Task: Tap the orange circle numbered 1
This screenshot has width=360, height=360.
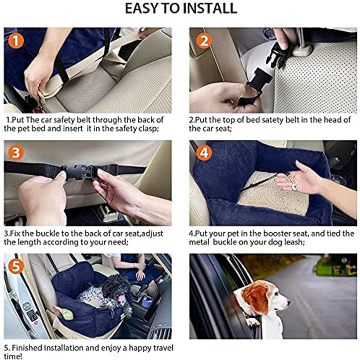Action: click(x=16, y=41)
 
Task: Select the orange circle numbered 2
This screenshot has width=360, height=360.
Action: click(x=204, y=41)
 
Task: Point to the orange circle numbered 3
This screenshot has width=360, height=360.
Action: click(x=16, y=153)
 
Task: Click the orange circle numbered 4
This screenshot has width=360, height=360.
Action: click(x=204, y=153)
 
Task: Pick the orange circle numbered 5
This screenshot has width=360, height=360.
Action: click(x=16, y=266)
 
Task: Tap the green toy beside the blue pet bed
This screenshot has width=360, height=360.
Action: click(x=67, y=313)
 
